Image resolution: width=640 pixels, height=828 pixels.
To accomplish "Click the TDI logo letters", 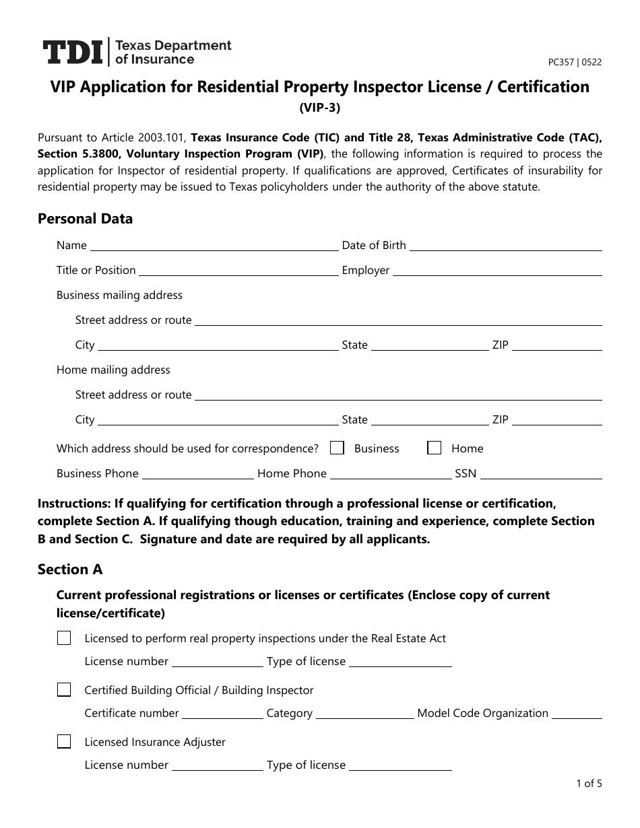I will [x=72, y=53].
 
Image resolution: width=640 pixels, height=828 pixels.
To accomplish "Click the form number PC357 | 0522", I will [x=575, y=62].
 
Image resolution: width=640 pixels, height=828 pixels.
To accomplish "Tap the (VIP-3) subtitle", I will [x=320, y=106].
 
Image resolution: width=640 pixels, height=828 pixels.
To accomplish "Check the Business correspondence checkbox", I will [x=338, y=448].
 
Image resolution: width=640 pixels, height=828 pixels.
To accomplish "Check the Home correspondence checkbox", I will [x=435, y=448].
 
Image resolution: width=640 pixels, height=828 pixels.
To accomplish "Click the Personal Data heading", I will [x=85, y=219].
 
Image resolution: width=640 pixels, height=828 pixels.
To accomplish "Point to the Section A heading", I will [x=70, y=570].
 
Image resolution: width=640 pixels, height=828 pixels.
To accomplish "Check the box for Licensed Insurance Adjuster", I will [x=64, y=742].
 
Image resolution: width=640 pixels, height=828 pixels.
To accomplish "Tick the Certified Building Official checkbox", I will [x=64, y=690].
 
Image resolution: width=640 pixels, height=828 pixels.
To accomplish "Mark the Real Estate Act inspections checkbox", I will [x=64, y=638].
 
